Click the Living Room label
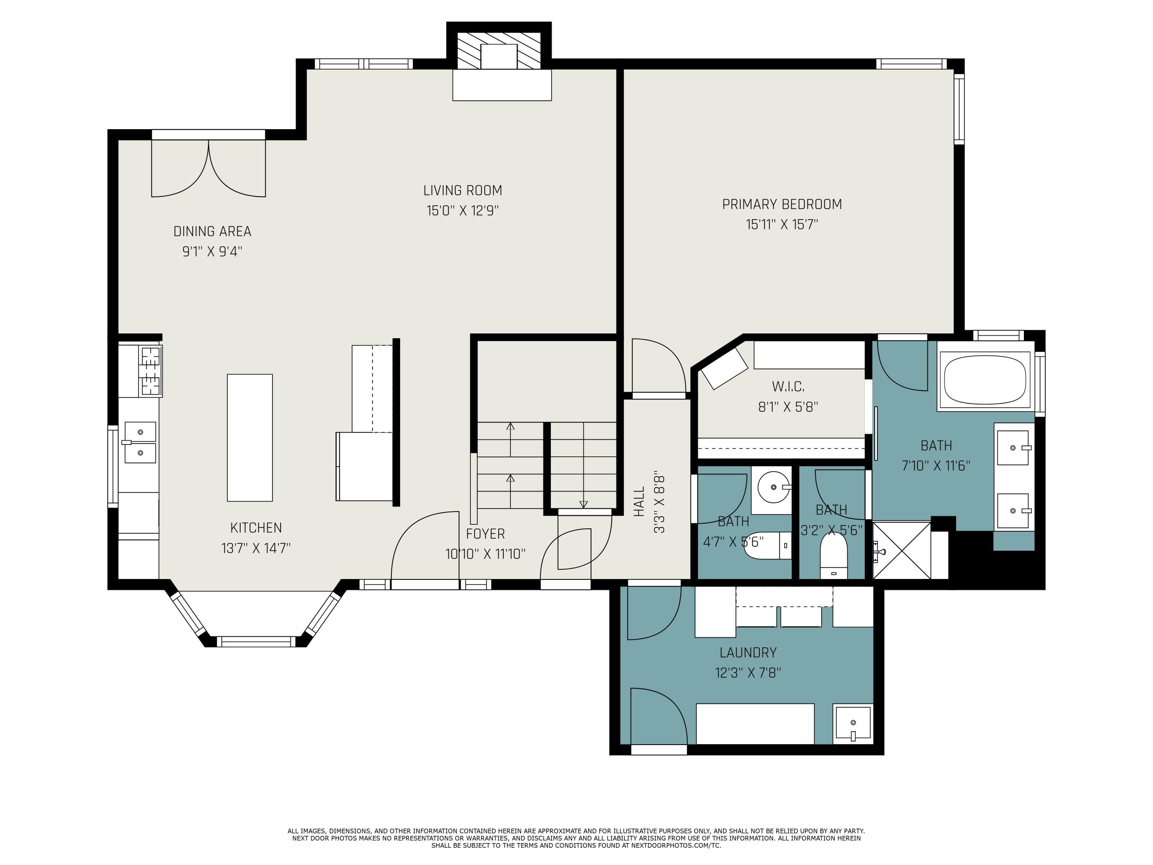click(x=462, y=190)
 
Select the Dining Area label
click(x=212, y=231)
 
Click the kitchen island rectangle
click(x=250, y=437)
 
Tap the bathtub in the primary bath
click(x=985, y=379)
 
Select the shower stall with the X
click(x=901, y=550)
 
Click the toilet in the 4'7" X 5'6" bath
click(x=767, y=546)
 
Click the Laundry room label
click(x=748, y=652)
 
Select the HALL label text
click(x=639, y=502)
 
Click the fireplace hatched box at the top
click(x=499, y=51)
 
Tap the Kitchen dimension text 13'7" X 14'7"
click(x=256, y=548)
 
